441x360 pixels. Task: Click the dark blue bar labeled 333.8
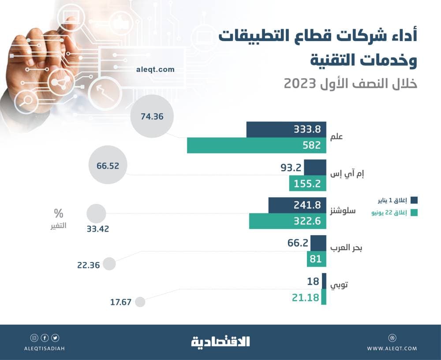click(286, 129)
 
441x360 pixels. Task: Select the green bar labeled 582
click(256, 145)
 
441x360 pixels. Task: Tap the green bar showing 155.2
click(307, 183)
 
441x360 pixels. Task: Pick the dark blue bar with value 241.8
click(297, 205)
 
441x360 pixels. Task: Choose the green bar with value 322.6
click(287, 221)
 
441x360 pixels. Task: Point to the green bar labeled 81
click(316, 259)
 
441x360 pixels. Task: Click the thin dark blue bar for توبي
click(324, 281)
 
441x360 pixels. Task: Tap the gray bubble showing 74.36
click(153, 116)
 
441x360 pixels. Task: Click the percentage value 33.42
click(97, 229)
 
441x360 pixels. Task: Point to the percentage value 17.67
click(121, 303)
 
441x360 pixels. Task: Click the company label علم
click(337, 137)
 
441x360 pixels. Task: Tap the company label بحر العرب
click(347, 248)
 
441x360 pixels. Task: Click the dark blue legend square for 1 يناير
click(414, 199)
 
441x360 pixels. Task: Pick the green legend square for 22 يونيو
click(414, 213)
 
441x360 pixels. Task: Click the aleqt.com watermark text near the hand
click(155, 69)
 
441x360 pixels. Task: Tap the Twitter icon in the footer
click(55, 338)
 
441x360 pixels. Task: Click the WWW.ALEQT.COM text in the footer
click(392, 349)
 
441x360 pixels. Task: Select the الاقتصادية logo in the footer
click(220, 341)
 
